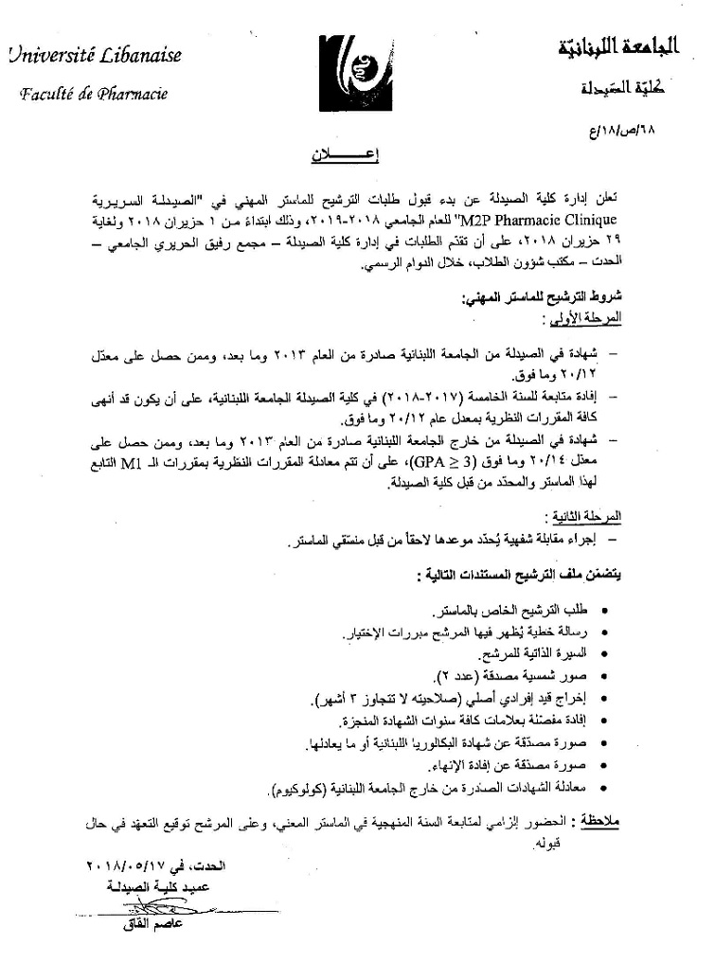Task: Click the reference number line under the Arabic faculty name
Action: pos(644,126)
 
